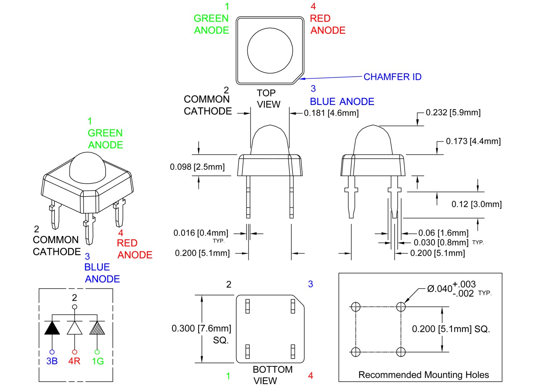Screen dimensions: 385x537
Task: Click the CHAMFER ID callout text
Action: (392, 77)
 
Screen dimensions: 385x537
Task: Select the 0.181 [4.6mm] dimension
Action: (331, 113)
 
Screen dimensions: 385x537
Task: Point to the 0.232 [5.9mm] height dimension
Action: (453, 112)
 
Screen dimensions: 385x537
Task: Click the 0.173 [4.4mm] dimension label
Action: (473, 141)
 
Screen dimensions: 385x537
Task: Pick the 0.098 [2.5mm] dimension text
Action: (197, 167)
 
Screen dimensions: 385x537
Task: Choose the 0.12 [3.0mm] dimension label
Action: (476, 204)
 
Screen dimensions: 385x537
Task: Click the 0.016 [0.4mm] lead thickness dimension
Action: (200, 233)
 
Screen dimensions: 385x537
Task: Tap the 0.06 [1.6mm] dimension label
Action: (443, 233)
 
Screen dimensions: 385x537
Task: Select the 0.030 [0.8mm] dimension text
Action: (441, 243)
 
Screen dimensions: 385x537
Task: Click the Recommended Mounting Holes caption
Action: (424, 375)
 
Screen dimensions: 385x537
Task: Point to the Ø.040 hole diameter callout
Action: (451, 289)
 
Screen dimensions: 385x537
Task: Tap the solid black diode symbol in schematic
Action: (52, 328)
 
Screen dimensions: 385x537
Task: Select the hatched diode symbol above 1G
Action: (97, 328)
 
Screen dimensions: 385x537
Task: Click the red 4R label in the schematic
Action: (74, 361)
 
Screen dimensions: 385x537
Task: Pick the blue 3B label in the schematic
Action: (52, 361)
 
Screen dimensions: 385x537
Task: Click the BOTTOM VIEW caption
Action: (272, 375)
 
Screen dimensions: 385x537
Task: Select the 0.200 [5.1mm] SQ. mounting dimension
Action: (451, 329)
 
